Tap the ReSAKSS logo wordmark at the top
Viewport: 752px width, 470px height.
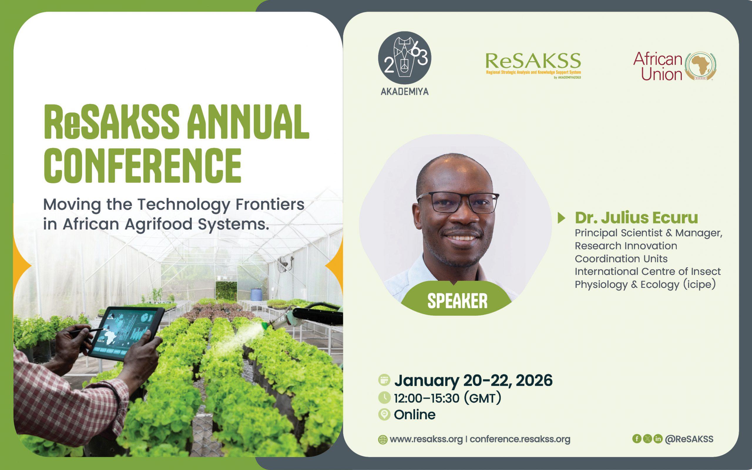coord(533,61)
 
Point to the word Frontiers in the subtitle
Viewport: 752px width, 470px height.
coord(270,204)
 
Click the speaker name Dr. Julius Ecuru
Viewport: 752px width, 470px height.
coord(636,218)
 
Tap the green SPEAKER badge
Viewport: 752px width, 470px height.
coord(457,300)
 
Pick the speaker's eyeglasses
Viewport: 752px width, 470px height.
coord(458,202)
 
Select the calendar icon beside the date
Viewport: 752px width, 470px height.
coord(384,380)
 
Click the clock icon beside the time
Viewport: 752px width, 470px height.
coord(385,397)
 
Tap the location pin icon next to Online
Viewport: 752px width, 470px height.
coord(385,415)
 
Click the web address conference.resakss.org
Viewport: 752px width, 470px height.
coord(520,439)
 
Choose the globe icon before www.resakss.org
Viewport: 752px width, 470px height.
coord(382,440)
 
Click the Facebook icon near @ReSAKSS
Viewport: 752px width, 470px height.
coord(637,439)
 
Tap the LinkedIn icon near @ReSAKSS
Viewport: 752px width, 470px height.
coord(658,439)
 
